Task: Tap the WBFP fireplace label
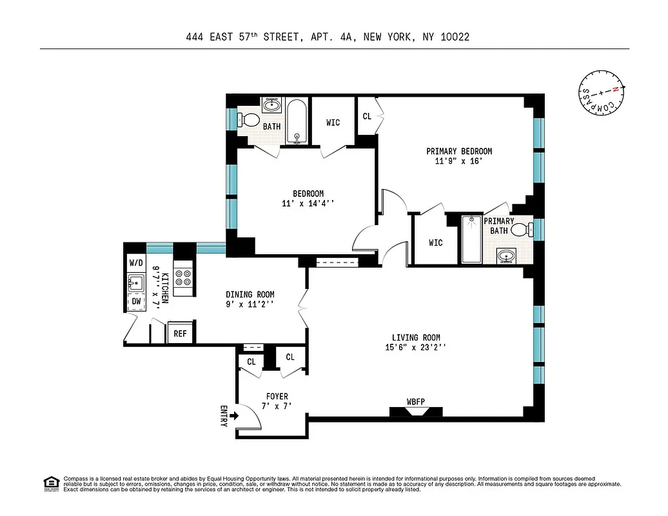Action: pos(416,402)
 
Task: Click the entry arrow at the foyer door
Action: pos(233,416)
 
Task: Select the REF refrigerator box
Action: pos(181,333)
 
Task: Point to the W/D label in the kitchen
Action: pos(136,263)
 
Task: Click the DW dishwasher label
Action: pos(136,301)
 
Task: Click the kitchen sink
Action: pos(136,282)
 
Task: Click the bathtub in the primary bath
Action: pos(471,239)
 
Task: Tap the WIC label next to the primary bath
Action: pos(436,243)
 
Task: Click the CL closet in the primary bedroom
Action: pos(367,117)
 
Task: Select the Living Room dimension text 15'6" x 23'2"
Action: pos(416,348)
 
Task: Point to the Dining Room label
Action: pos(248,295)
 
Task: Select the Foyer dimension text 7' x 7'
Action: pos(277,406)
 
